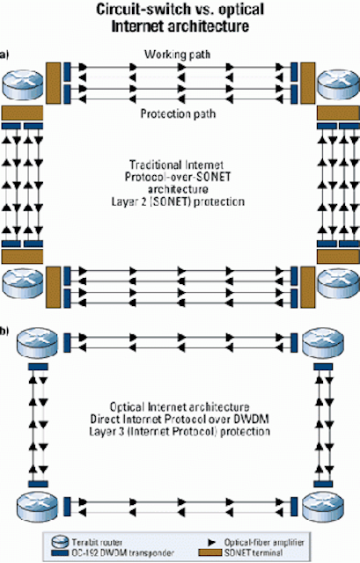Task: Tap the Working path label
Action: coord(177,55)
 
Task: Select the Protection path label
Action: coord(178,113)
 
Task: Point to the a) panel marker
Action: coord(4,55)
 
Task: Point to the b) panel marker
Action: coord(4,331)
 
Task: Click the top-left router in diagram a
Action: coord(23,84)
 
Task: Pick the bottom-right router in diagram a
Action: coord(338,283)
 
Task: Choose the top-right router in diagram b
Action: coord(323,342)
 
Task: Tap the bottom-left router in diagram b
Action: coord(37,507)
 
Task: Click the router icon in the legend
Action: coord(60,542)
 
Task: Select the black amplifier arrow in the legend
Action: coord(212,542)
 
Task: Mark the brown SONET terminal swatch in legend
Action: coord(209,552)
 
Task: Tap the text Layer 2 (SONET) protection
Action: coord(178,201)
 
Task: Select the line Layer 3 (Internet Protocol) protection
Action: coord(180,431)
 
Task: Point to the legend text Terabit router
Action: coord(97,542)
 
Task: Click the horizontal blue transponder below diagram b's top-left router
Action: coord(38,367)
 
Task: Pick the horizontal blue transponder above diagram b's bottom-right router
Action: coord(323,484)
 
